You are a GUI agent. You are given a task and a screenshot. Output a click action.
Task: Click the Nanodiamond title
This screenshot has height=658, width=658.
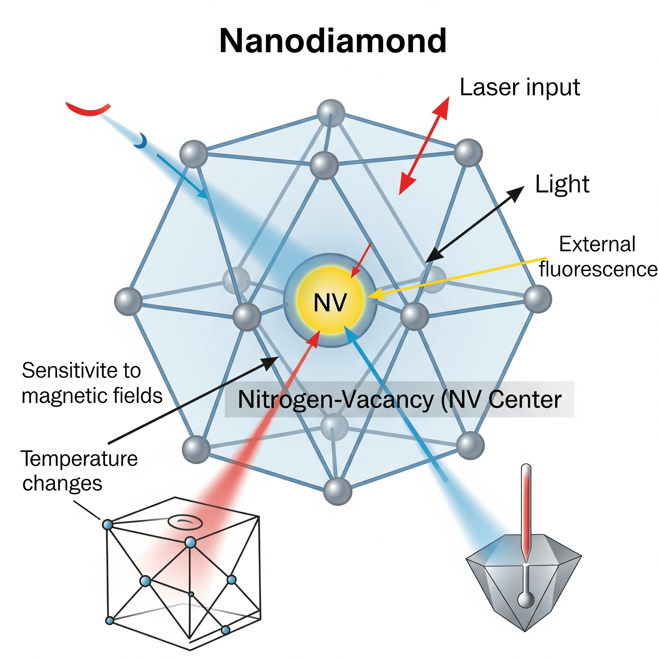pyautogui.click(x=333, y=41)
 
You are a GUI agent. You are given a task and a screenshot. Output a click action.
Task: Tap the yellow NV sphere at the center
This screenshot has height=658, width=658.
pyautogui.click(x=330, y=300)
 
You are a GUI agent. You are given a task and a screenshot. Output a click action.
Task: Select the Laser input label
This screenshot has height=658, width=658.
pyautogui.click(x=520, y=87)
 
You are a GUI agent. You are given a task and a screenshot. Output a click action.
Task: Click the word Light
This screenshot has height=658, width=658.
pyautogui.click(x=562, y=184)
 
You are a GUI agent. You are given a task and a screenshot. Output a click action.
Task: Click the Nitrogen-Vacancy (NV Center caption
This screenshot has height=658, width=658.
pyautogui.click(x=399, y=399)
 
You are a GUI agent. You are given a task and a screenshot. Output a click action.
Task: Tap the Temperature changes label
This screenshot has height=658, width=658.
pyautogui.click(x=79, y=471)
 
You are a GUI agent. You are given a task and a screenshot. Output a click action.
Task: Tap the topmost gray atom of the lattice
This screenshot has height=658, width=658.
pyautogui.click(x=331, y=113)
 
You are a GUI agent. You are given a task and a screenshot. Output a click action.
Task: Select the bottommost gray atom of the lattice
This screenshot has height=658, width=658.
pyautogui.click(x=337, y=491)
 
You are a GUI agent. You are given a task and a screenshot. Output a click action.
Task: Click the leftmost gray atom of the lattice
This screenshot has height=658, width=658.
pyautogui.click(x=128, y=301)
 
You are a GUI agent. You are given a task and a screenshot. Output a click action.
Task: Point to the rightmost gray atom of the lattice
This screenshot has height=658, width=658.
pyautogui.click(x=538, y=299)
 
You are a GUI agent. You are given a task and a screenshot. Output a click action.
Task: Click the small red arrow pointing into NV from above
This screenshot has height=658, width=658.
pyautogui.click(x=360, y=261)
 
